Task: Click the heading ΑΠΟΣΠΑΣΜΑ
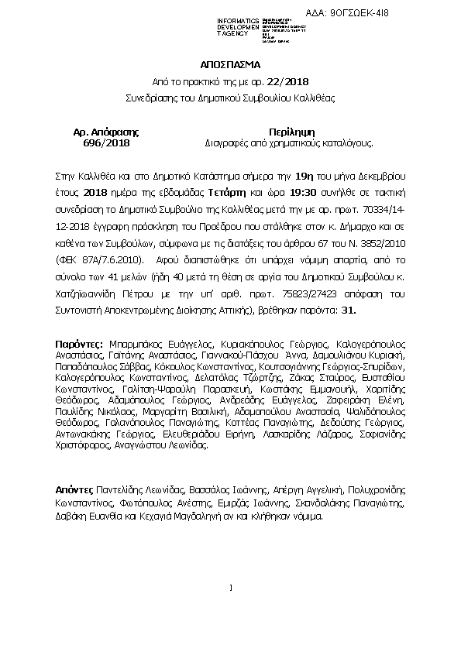coord(230,65)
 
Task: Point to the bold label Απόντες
coord(74,490)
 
